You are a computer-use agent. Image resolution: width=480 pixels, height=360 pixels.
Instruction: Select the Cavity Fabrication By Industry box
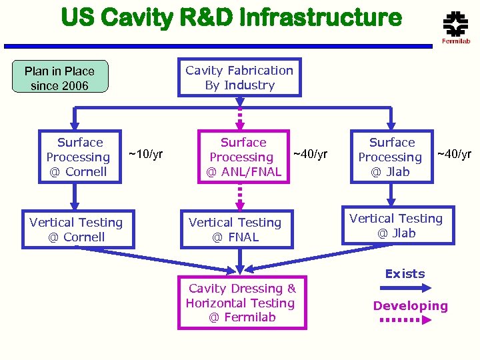point(239,77)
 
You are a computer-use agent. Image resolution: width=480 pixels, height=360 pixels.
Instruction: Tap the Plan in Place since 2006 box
point(60,78)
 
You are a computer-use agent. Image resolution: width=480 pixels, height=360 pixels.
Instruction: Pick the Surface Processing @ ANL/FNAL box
point(243,157)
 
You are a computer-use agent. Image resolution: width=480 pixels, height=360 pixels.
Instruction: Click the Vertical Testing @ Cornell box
point(77,229)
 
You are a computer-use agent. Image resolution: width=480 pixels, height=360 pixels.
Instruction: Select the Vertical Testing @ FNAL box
point(236,229)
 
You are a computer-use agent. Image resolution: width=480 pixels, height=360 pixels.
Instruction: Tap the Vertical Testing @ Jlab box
point(396,225)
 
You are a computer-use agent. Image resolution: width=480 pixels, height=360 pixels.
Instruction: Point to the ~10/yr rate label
point(145,155)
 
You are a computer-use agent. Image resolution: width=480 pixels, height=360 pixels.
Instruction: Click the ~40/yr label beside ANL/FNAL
point(310,155)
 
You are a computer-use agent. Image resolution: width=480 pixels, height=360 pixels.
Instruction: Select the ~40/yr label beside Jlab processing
point(453,155)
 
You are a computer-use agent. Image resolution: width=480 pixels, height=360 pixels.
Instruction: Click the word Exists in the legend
point(405,274)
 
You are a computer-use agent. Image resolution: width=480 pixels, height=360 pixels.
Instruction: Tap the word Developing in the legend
point(410,306)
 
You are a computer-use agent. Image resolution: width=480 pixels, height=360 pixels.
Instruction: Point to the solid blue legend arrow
point(407,288)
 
